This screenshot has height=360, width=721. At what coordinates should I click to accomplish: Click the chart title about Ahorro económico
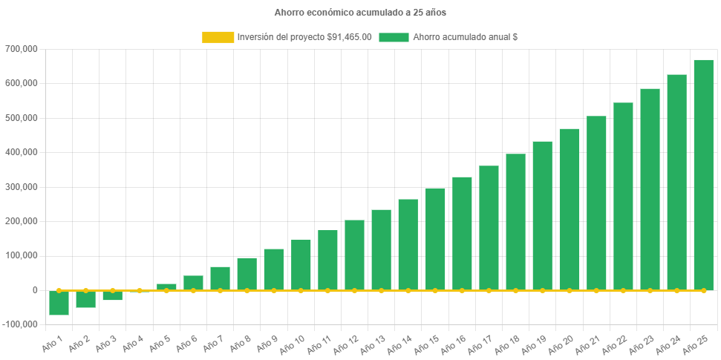(360, 13)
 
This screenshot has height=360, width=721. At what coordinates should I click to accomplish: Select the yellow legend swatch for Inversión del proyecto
(218, 37)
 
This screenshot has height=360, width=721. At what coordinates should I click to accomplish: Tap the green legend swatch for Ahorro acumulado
(394, 37)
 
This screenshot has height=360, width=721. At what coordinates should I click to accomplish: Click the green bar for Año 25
(703, 174)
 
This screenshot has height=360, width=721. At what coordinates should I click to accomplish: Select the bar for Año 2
(85, 299)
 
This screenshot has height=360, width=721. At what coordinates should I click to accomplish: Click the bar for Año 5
(166, 287)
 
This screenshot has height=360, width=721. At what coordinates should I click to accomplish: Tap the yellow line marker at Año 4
(140, 290)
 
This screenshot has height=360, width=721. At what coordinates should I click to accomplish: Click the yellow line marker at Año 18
(515, 290)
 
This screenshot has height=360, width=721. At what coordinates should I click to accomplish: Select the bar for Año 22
(623, 196)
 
